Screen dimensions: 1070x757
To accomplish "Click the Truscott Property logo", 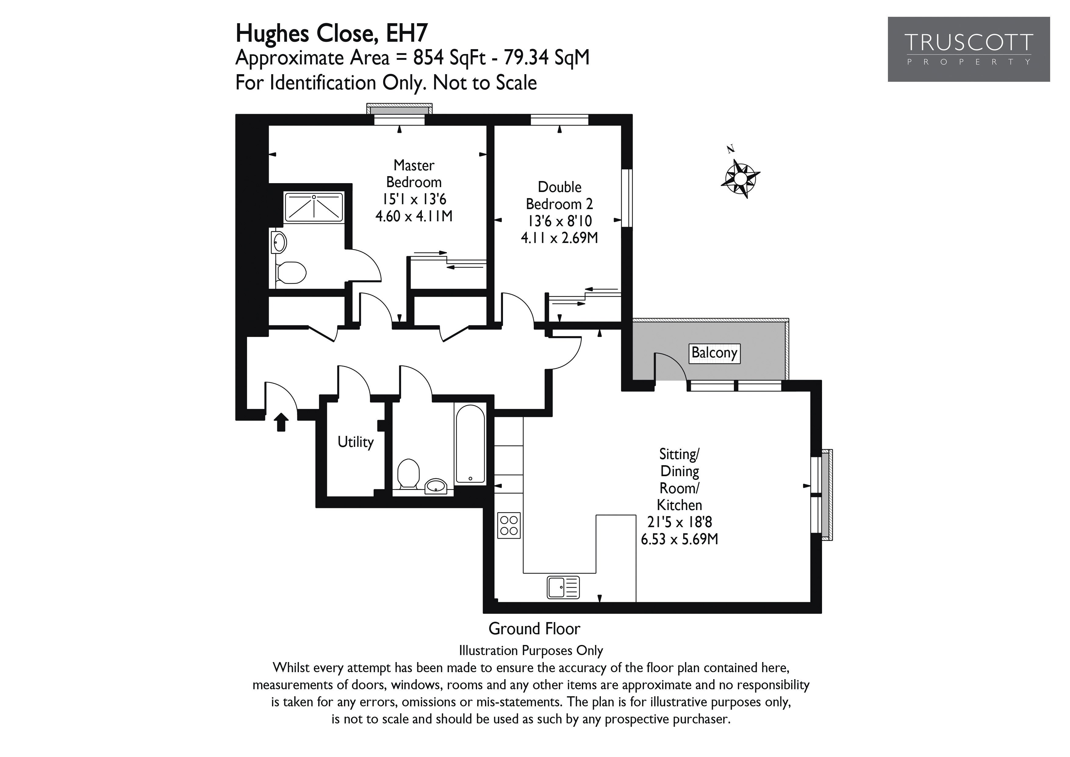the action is pos(968,49).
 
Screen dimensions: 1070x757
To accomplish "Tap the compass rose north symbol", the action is pos(740,178).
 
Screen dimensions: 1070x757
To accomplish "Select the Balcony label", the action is pos(714,353).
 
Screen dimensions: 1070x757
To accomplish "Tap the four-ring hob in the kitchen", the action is pos(509,526).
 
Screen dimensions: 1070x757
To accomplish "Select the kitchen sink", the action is pos(563,587).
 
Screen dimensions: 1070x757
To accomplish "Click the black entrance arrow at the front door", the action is pos(281,422).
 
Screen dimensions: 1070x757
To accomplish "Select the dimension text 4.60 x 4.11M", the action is pos(414,216).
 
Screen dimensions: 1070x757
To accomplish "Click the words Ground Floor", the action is pos(534,629).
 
